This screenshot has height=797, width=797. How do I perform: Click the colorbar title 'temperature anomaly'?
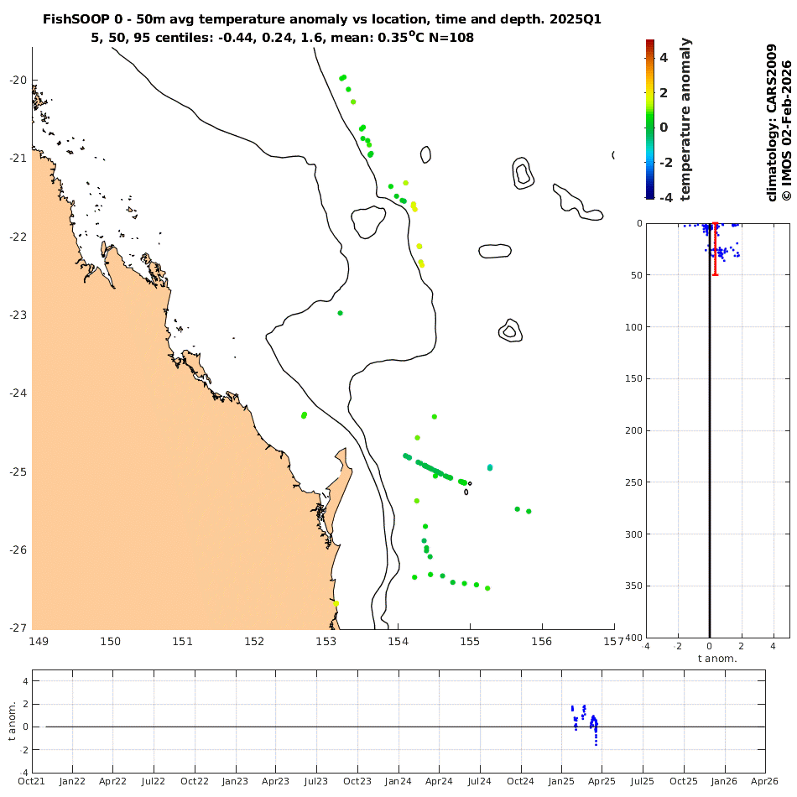tap(685, 118)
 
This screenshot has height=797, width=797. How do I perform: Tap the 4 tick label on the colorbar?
tap(663, 58)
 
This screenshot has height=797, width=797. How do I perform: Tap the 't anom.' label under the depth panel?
tap(717, 659)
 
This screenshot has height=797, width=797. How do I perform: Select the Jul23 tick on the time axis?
tap(316, 782)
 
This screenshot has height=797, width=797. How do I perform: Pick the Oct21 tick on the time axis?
tap(32, 782)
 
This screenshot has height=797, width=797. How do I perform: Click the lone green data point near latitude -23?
tap(340, 313)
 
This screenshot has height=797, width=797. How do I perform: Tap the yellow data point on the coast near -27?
tap(336, 603)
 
